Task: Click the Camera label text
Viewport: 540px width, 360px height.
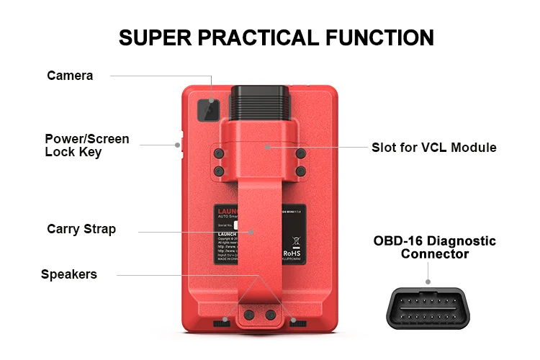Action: [x=70, y=76]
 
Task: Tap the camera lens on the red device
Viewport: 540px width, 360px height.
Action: [x=209, y=109]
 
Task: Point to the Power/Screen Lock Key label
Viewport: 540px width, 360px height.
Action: [x=87, y=145]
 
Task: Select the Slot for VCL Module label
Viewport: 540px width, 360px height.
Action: [x=433, y=148]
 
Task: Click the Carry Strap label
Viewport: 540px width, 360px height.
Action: [x=81, y=230]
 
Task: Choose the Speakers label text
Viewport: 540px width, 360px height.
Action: [x=68, y=274]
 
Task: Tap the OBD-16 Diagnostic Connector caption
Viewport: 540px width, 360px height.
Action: [x=434, y=247]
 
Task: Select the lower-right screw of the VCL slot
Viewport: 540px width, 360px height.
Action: [x=301, y=171]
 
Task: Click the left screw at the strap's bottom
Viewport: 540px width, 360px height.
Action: [x=249, y=315]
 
